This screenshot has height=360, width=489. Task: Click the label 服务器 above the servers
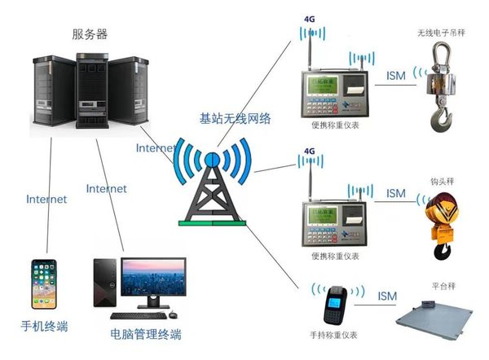coord(90,34)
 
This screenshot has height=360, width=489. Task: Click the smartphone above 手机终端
coord(43,286)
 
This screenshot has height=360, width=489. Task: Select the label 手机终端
coord(44,327)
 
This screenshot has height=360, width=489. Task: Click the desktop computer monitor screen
coord(152,279)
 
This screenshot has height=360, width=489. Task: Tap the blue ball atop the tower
coord(212,158)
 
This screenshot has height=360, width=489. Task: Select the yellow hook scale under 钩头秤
coord(440,218)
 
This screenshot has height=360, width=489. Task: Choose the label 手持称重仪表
coord(337,340)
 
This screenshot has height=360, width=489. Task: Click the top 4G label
coord(309,16)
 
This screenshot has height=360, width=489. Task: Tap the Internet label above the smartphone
coord(46,199)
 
